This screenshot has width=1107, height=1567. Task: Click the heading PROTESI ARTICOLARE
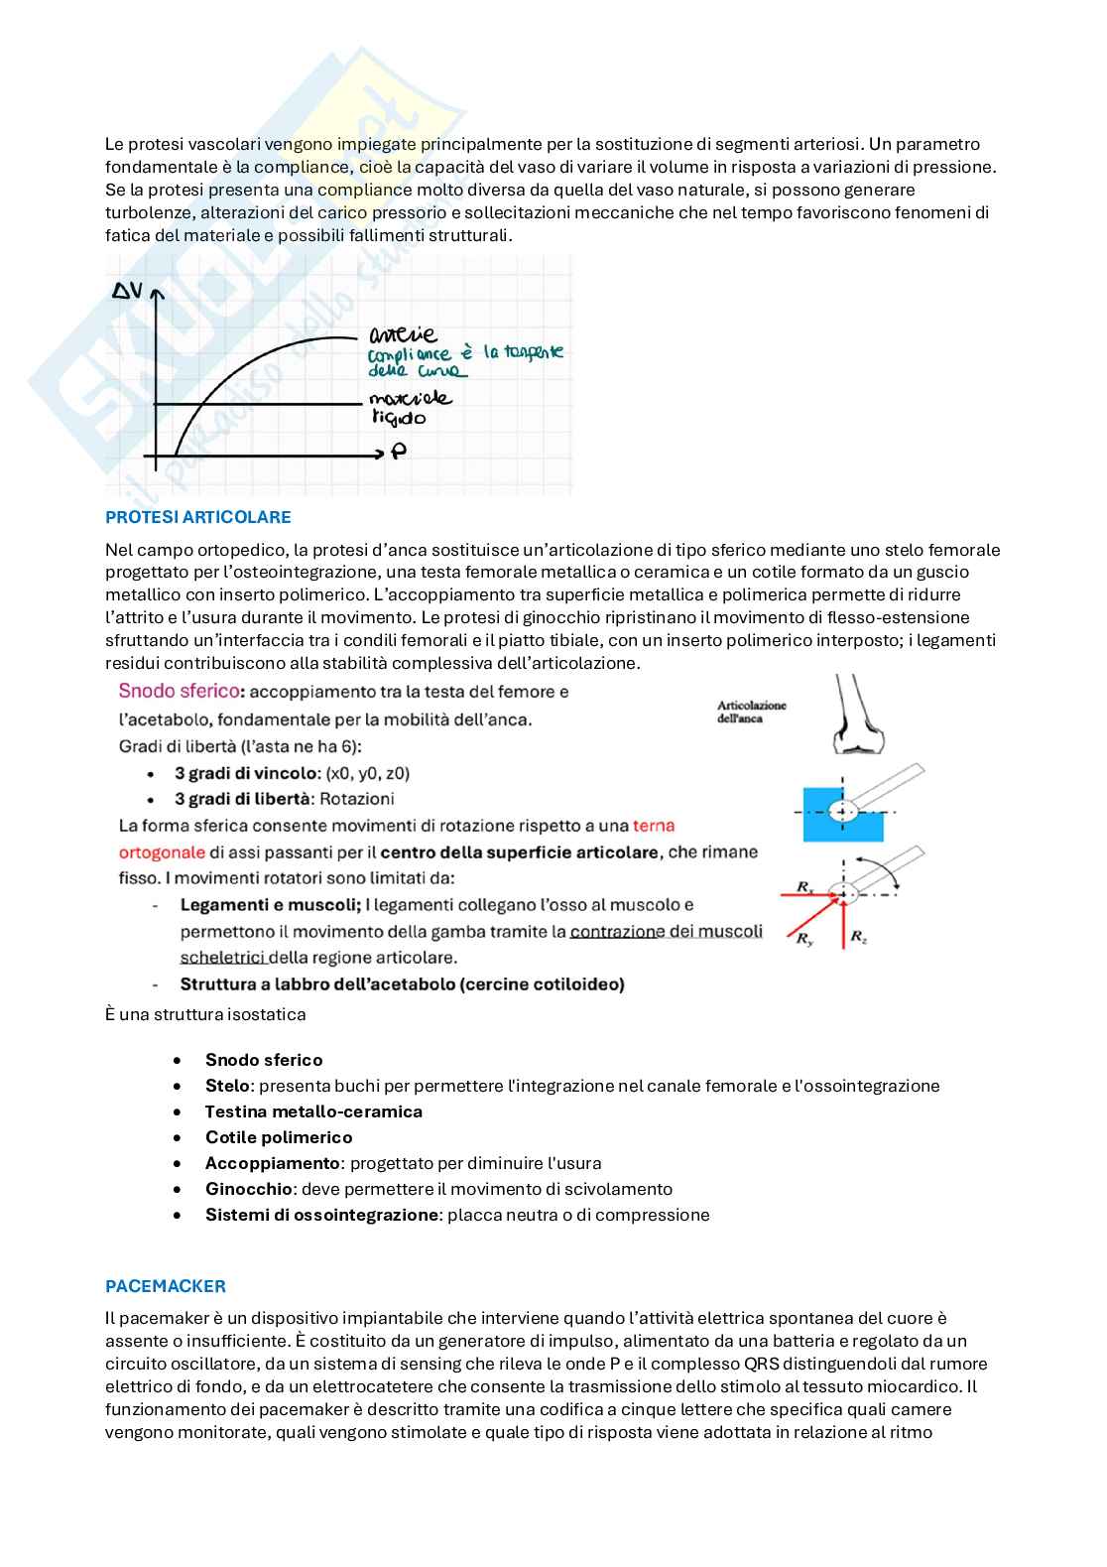(x=197, y=517)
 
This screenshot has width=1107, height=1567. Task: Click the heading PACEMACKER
(x=166, y=1286)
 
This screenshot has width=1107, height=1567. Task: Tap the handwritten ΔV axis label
(x=127, y=291)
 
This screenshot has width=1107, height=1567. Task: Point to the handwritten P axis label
(x=399, y=453)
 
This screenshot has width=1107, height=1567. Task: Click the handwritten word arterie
(x=402, y=334)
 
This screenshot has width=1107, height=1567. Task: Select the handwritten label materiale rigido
(x=409, y=408)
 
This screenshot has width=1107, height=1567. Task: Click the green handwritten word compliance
(x=409, y=354)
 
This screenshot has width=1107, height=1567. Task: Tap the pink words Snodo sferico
(x=180, y=691)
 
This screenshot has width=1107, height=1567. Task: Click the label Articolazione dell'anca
(x=751, y=712)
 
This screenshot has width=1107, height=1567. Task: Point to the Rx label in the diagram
(x=804, y=886)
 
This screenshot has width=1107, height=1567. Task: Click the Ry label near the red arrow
(x=804, y=939)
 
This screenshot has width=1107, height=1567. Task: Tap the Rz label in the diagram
(x=859, y=936)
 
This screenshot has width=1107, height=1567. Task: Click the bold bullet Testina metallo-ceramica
(x=313, y=1111)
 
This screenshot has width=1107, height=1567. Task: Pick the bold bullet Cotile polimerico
(x=279, y=1137)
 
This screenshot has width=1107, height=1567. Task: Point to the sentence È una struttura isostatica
(x=205, y=1014)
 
